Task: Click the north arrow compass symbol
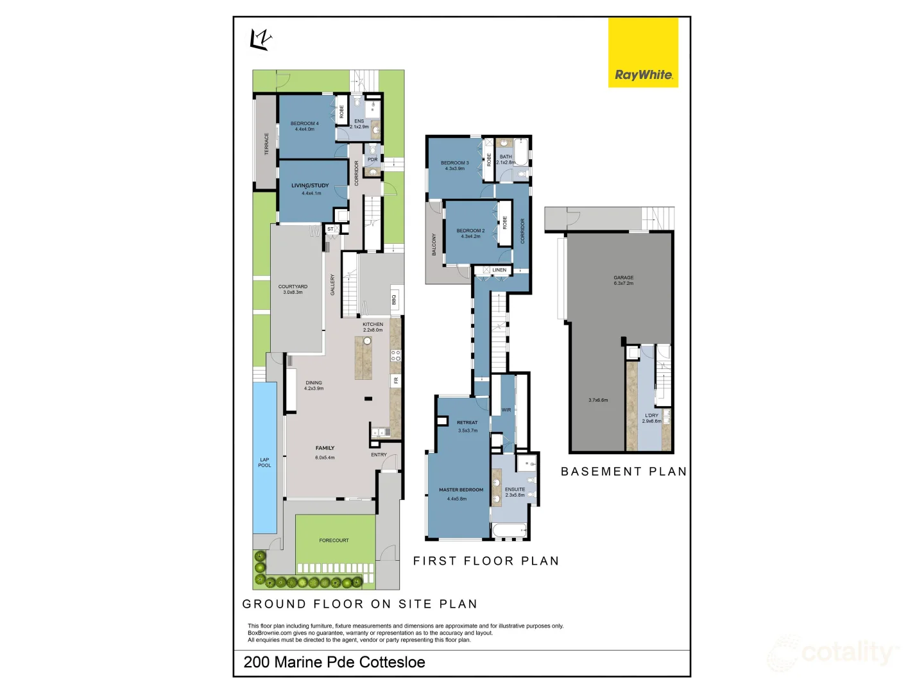click(x=261, y=40)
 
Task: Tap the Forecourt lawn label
click(x=334, y=540)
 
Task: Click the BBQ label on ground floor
click(x=394, y=300)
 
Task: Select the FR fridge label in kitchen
click(x=396, y=381)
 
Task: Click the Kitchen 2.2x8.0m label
click(x=373, y=327)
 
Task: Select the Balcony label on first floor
click(x=434, y=244)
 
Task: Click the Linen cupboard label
click(x=499, y=270)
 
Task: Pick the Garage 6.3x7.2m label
click(x=623, y=280)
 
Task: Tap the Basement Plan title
click(x=624, y=472)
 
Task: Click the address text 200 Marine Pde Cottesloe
click(x=334, y=662)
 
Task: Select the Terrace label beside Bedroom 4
click(x=267, y=144)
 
